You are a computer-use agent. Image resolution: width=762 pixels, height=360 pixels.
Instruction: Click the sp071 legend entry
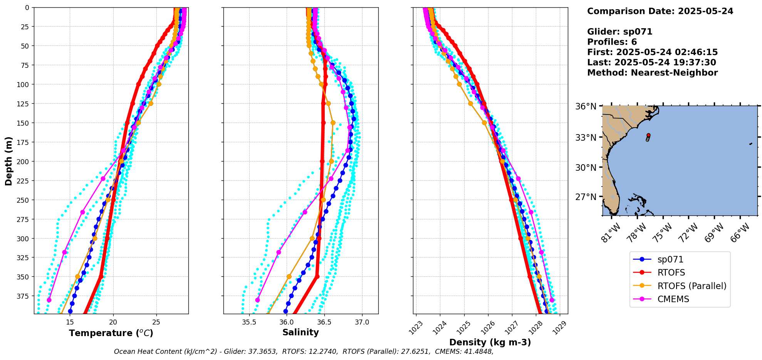670,259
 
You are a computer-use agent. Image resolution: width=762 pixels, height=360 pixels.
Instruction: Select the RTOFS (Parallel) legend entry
692,286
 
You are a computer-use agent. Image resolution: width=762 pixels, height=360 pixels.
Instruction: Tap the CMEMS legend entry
673,299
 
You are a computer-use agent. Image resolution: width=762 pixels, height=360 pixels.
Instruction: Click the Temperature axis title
111,333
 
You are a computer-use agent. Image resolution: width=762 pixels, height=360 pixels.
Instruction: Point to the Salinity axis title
300,333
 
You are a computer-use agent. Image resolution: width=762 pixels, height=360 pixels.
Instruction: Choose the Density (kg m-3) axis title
490,342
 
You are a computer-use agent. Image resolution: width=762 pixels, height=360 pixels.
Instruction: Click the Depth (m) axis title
9,161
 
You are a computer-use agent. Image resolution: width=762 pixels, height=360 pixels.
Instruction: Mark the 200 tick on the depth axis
24,161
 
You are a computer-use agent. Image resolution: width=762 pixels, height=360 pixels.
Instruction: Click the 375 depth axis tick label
24,296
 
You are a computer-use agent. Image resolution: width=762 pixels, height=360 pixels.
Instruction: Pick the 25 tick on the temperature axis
156,322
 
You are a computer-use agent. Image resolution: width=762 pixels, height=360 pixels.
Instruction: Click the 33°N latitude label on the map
586,138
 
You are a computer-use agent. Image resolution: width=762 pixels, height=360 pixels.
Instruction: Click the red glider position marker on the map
648,135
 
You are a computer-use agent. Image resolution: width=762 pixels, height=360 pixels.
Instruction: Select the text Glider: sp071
619,32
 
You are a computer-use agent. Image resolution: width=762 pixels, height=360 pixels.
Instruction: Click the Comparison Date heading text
660,11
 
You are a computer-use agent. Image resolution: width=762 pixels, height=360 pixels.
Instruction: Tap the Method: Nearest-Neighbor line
652,73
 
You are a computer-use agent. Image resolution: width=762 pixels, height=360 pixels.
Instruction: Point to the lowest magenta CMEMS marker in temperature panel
49,300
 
